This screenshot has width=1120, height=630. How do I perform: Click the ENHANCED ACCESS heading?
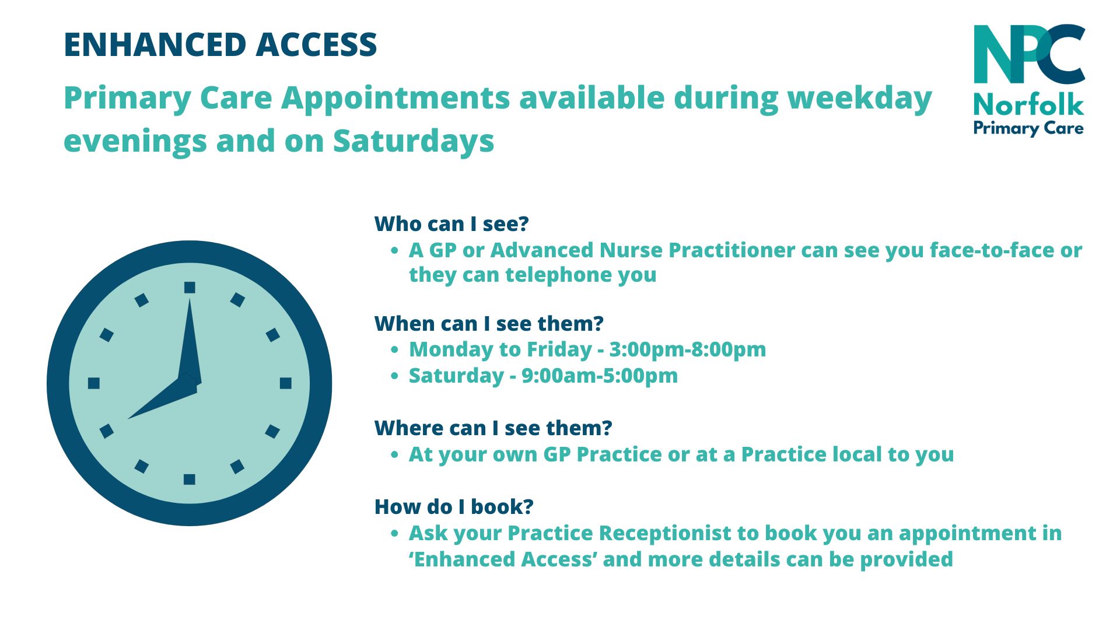(x=220, y=45)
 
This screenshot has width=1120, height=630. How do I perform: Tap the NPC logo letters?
(x=1030, y=54)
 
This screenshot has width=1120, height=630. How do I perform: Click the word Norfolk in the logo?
(x=1028, y=105)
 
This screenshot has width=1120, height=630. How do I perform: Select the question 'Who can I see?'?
(x=452, y=224)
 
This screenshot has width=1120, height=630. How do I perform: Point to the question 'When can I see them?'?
(x=489, y=323)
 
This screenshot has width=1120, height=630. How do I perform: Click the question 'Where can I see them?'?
(x=494, y=428)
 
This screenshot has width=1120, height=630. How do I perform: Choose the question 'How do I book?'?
(x=454, y=507)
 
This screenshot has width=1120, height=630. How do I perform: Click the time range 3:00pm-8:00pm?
(x=688, y=350)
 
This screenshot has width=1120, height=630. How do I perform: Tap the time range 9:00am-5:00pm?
(x=600, y=376)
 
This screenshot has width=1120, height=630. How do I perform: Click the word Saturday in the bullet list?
(x=456, y=376)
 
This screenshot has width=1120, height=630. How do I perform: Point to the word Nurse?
(x=631, y=250)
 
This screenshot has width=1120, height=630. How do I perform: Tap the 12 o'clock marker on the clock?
(x=190, y=287)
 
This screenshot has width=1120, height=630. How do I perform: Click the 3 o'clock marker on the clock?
(x=286, y=383)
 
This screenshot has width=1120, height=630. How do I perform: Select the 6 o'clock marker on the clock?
(x=190, y=480)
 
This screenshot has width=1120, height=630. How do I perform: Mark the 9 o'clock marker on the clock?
(x=94, y=383)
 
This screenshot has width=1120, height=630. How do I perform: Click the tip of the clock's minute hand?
(x=190, y=298)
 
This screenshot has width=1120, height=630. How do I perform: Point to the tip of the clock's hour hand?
(x=127, y=419)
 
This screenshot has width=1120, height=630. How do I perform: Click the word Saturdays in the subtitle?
(x=414, y=141)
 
